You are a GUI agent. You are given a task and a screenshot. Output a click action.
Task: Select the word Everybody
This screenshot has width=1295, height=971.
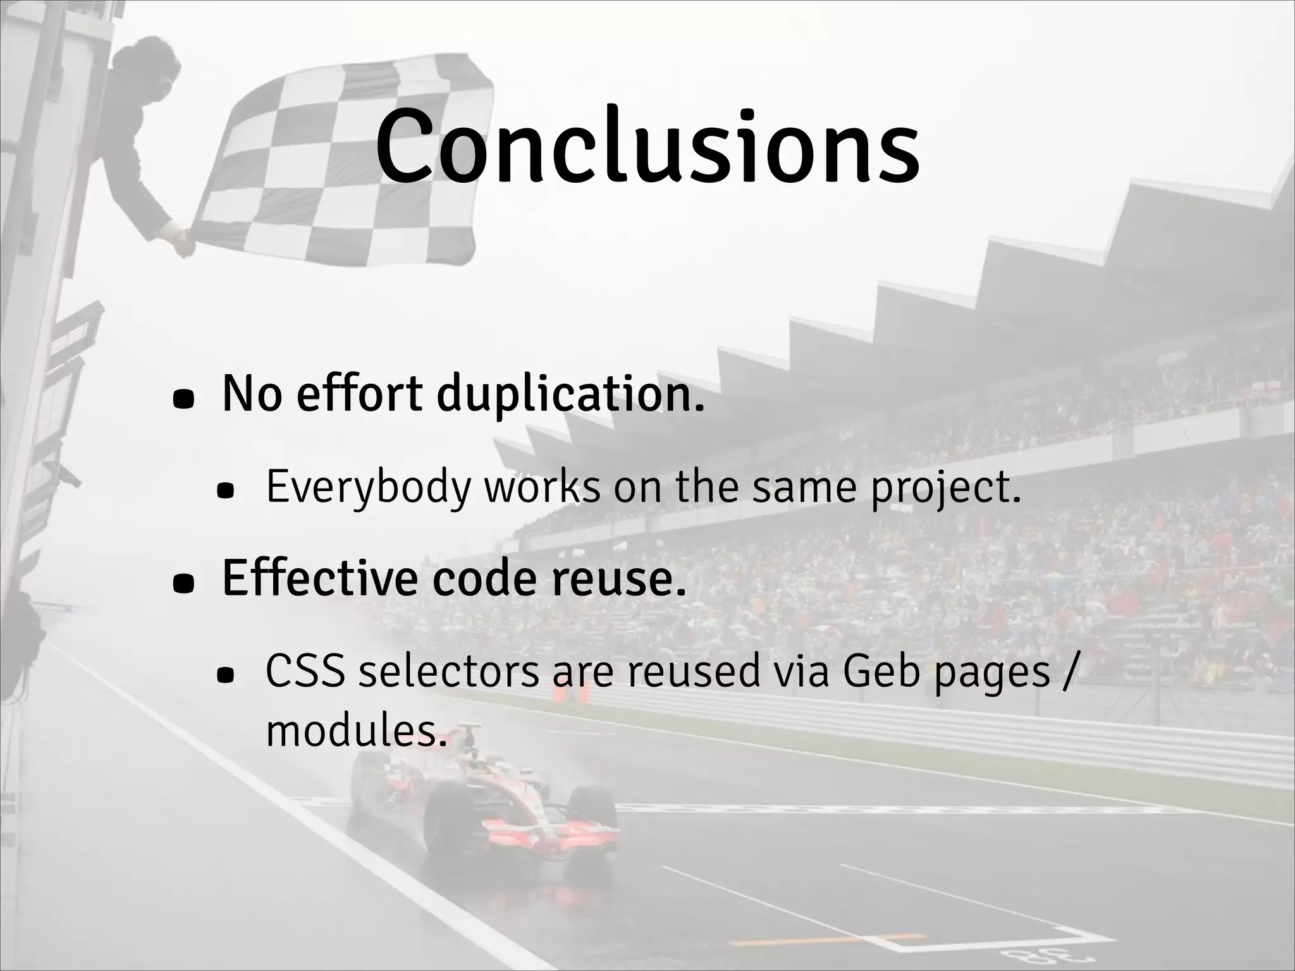(x=369, y=487)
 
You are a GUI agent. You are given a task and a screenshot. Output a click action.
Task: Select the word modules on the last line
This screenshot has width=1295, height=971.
(x=352, y=731)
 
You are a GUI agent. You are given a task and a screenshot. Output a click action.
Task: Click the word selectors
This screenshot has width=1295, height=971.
(x=448, y=671)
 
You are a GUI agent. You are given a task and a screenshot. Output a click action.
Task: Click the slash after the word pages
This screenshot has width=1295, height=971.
(x=1067, y=671)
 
